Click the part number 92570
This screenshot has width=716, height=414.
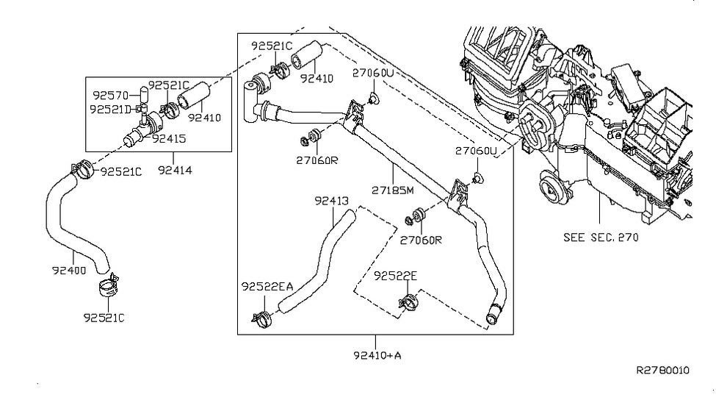[110, 95]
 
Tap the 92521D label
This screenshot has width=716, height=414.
[110, 110]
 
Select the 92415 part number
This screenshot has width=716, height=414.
[169, 138]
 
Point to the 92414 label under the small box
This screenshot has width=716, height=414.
[175, 170]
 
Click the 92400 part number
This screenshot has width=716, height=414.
[69, 271]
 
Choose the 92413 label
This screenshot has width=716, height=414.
[331, 201]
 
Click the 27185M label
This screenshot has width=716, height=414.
[393, 190]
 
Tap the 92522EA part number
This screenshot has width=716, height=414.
[267, 286]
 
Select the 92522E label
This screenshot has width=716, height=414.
[395, 276]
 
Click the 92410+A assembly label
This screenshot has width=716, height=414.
[377, 355]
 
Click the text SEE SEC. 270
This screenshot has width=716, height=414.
[601, 238]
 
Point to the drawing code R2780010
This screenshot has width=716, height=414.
[663, 370]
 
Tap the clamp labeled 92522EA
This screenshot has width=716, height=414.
[262, 319]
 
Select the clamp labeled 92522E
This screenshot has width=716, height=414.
[408, 302]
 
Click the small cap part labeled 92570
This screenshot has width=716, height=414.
[143, 94]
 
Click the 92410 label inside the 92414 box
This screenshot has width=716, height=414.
[204, 118]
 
